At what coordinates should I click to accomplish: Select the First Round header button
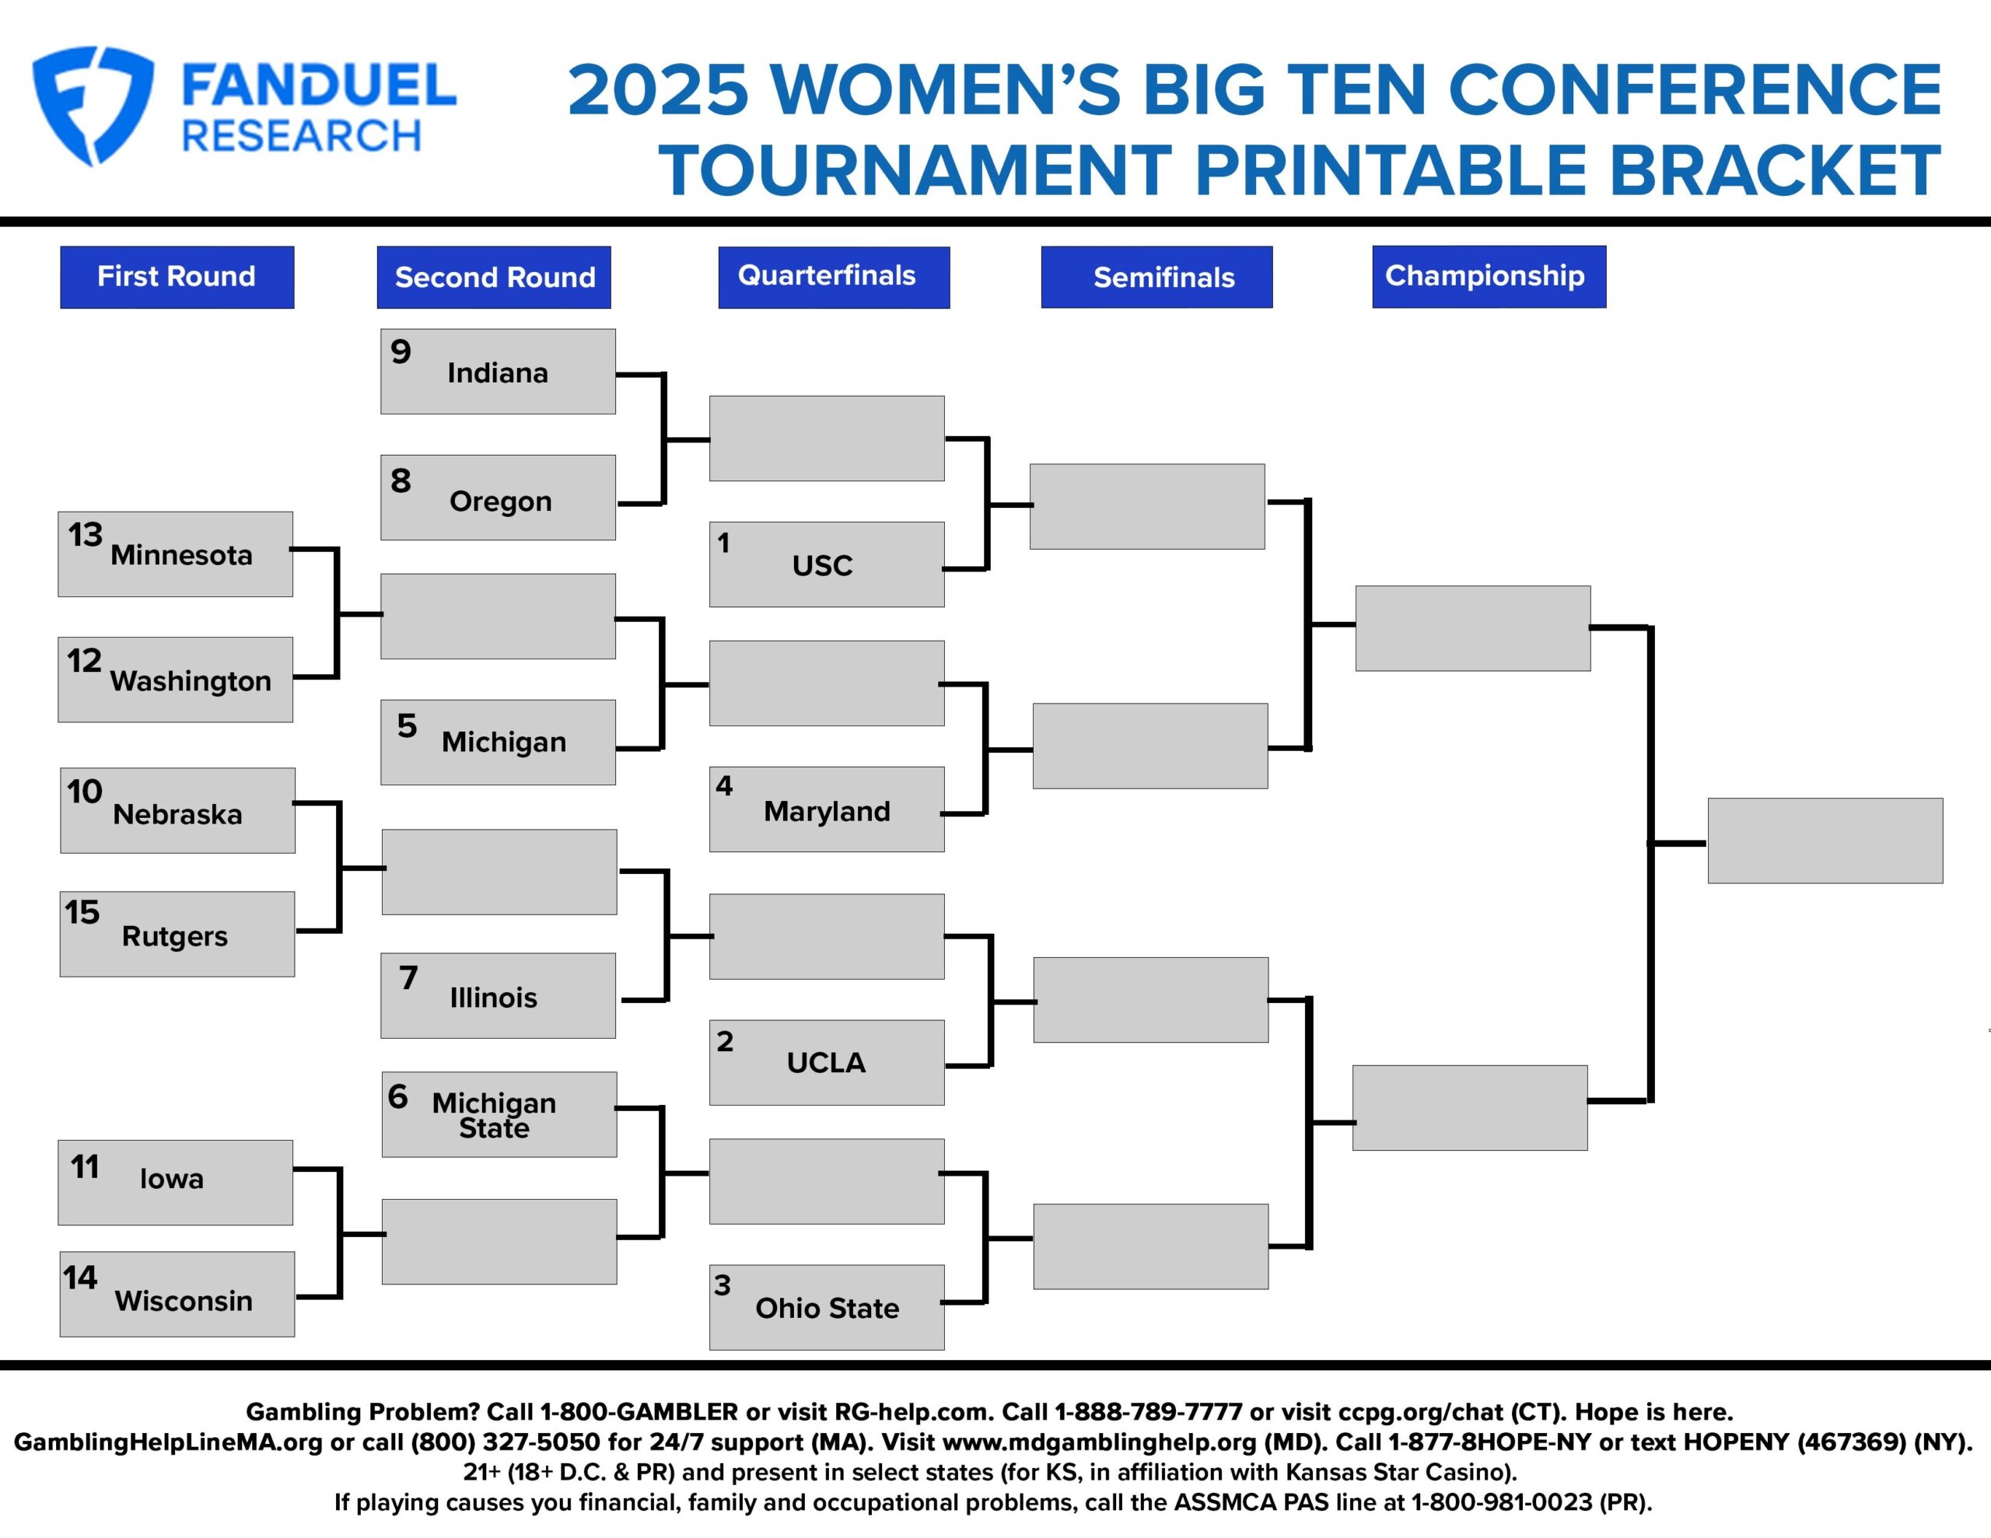click(177, 277)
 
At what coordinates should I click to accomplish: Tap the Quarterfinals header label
click(833, 277)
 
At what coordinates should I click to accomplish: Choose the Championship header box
click(1489, 276)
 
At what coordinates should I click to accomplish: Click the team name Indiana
click(498, 373)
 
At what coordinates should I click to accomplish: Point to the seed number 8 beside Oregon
click(401, 481)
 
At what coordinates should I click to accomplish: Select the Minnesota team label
click(181, 554)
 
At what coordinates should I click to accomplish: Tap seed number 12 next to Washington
click(84, 660)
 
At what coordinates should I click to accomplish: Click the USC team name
click(822, 565)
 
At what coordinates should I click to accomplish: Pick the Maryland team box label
click(827, 812)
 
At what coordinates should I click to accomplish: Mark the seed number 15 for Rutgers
click(82, 911)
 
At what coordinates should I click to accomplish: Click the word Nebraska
click(178, 814)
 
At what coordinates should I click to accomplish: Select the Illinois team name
click(493, 998)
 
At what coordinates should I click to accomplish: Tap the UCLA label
click(826, 1062)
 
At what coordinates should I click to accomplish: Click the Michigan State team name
click(494, 1115)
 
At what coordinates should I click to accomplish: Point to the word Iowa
click(171, 1179)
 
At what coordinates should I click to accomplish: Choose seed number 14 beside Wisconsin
click(80, 1278)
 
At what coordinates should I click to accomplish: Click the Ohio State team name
click(827, 1309)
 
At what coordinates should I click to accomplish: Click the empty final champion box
click(1825, 841)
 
